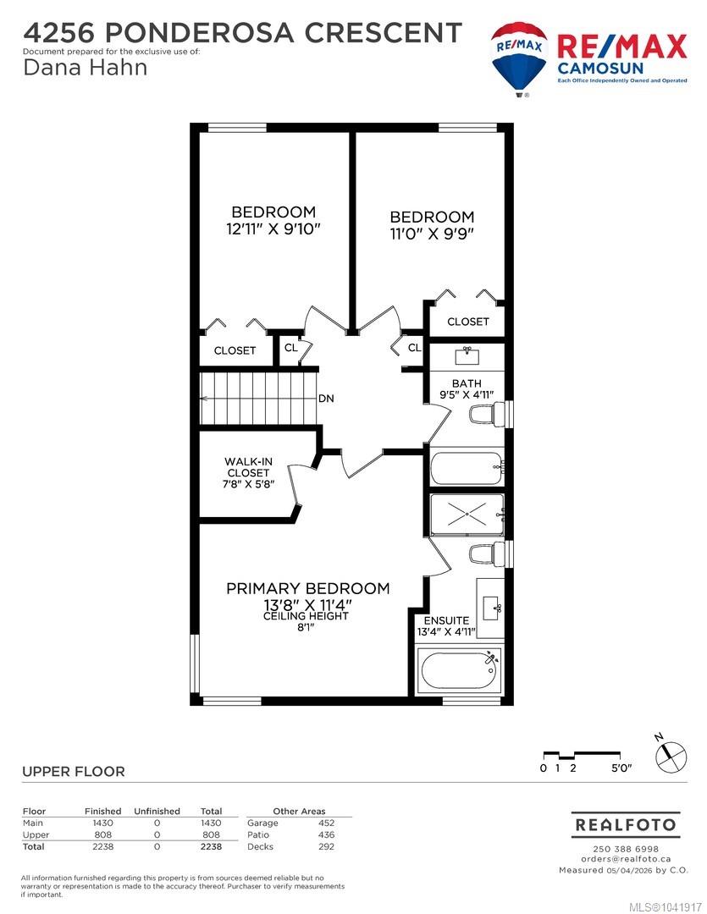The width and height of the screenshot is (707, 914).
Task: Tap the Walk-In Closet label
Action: pyautogui.click(x=248, y=467)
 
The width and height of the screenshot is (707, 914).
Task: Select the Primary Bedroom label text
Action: pyautogui.click(x=307, y=588)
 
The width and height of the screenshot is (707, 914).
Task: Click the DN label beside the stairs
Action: pyautogui.click(x=326, y=399)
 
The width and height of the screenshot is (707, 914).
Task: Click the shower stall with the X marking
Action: pyautogui.click(x=467, y=515)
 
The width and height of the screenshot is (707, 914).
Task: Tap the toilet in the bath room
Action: pyautogui.click(x=487, y=414)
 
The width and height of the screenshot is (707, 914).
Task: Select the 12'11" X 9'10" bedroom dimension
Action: pyautogui.click(x=273, y=229)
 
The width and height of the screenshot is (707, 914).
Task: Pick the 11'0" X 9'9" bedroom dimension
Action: pyautogui.click(x=432, y=234)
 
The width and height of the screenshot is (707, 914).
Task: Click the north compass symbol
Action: pyautogui.click(x=671, y=756)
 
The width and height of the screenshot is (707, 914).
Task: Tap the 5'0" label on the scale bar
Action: pyautogui.click(x=621, y=768)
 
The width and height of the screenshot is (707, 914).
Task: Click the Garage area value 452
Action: pyautogui.click(x=326, y=823)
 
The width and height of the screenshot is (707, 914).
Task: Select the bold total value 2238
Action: pyautogui.click(x=211, y=846)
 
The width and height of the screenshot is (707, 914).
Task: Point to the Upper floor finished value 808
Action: pyautogui.click(x=102, y=834)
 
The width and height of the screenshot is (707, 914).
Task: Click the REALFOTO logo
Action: pyautogui.click(x=626, y=825)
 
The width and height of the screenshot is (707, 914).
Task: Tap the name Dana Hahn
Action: pyautogui.click(x=86, y=68)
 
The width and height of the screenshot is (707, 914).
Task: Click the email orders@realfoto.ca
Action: pyautogui.click(x=626, y=859)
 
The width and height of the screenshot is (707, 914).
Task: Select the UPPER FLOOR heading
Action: pyautogui.click(x=74, y=772)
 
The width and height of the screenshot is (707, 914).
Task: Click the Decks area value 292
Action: pyautogui.click(x=326, y=846)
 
